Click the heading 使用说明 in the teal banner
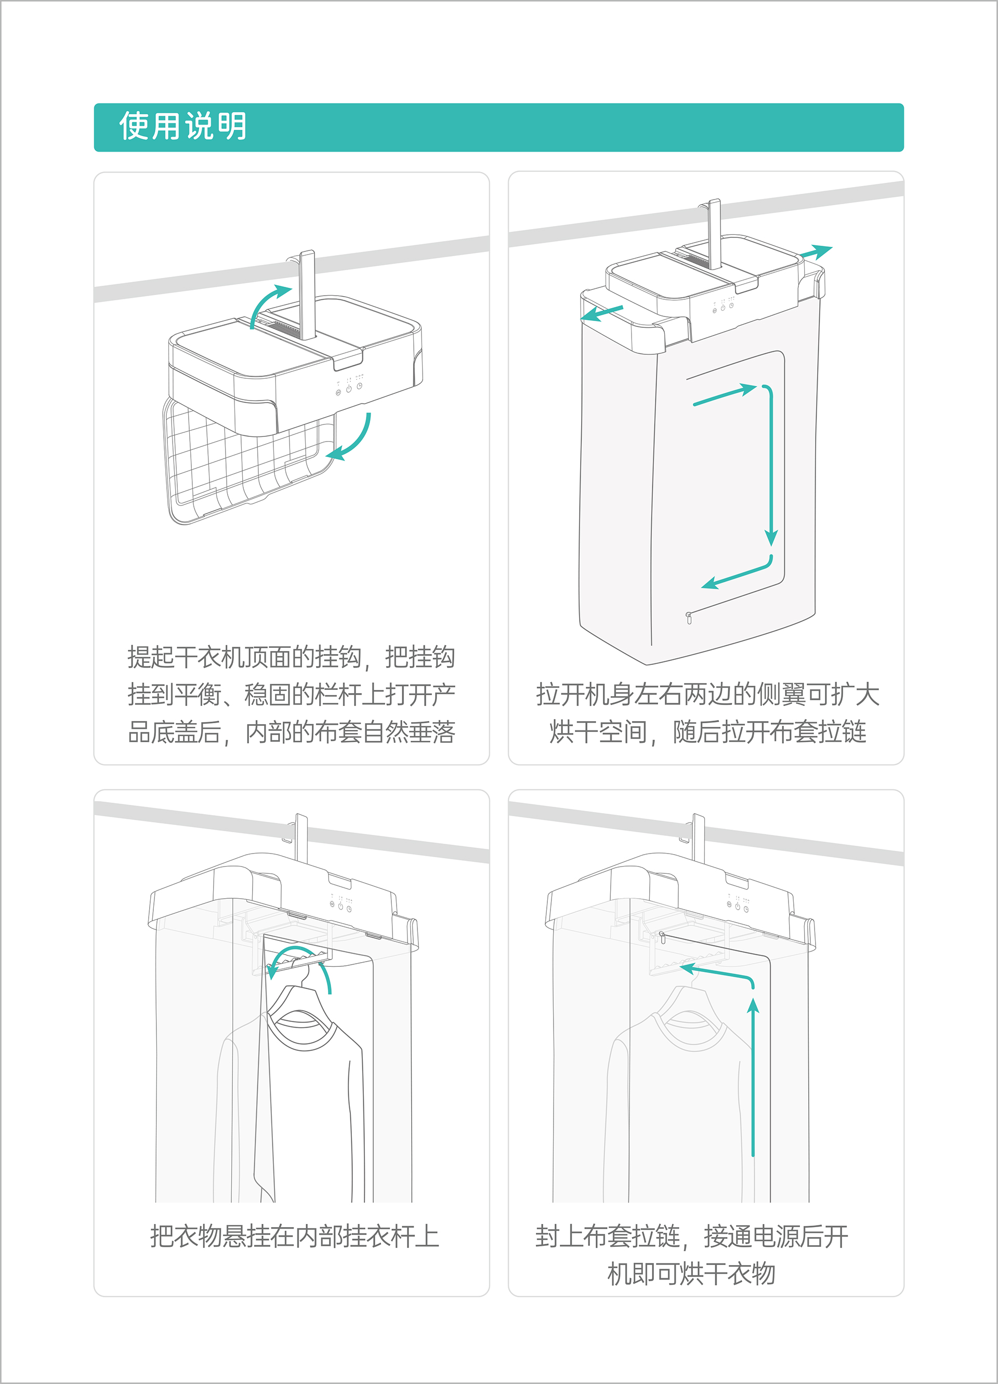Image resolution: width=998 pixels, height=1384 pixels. coord(182,126)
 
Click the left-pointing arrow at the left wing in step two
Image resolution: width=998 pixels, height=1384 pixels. coord(601,312)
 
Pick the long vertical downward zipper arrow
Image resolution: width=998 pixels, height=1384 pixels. coord(771,464)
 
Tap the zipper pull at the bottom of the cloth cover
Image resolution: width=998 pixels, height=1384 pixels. coord(689,618)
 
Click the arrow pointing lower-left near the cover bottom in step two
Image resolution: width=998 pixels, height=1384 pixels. coord(736,574)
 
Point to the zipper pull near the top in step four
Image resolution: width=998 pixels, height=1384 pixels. coord(662,934)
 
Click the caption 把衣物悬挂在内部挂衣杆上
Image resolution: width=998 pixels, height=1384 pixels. coord(294,1237)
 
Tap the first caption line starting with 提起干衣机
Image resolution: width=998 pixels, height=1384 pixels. coord(291,657)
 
